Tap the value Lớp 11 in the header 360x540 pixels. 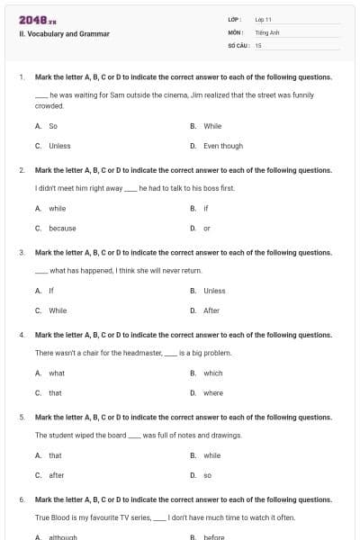(x=263, y=19)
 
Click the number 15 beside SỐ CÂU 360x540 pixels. (x=258, y=44)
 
